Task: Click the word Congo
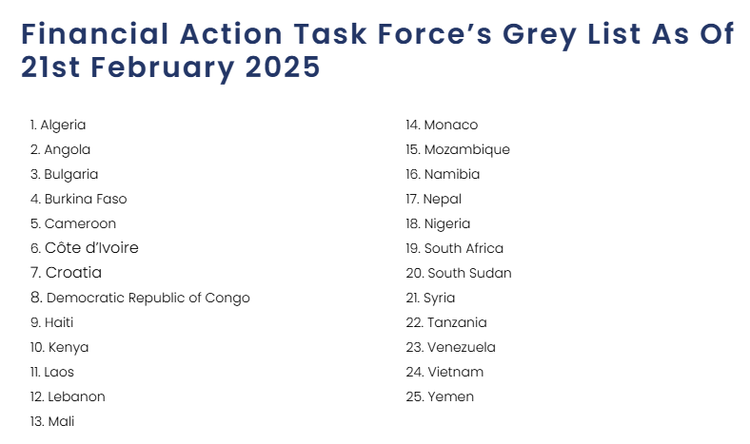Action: coord(227,299)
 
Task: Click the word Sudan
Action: coord(490,273)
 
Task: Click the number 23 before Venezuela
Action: coord(414,347)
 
